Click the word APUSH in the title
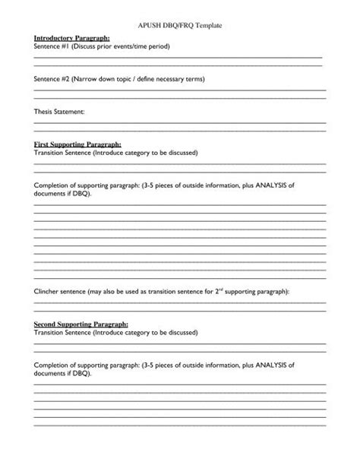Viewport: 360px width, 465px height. tap(139, 25)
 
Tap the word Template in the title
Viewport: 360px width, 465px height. tap(207, 25)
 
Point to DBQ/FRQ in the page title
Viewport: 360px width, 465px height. tap(172, 25)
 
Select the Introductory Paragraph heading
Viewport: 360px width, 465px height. tap(72, 36)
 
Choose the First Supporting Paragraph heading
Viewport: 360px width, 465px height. tap(77, 144)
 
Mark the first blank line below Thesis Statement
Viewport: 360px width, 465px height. tap(180, 122)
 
